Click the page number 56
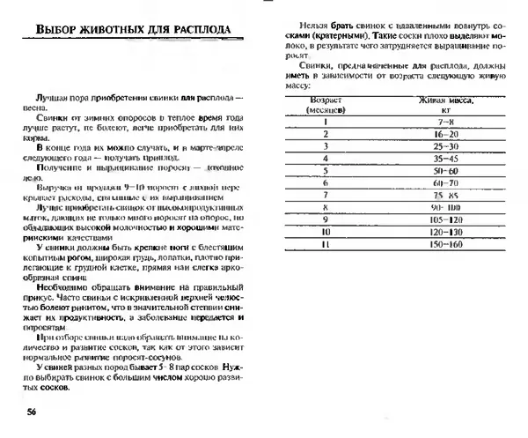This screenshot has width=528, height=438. [32, 412]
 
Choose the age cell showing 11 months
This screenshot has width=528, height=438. [326, 243]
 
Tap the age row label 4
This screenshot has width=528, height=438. [326, 158]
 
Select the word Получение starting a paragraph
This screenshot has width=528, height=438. [52, 165]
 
